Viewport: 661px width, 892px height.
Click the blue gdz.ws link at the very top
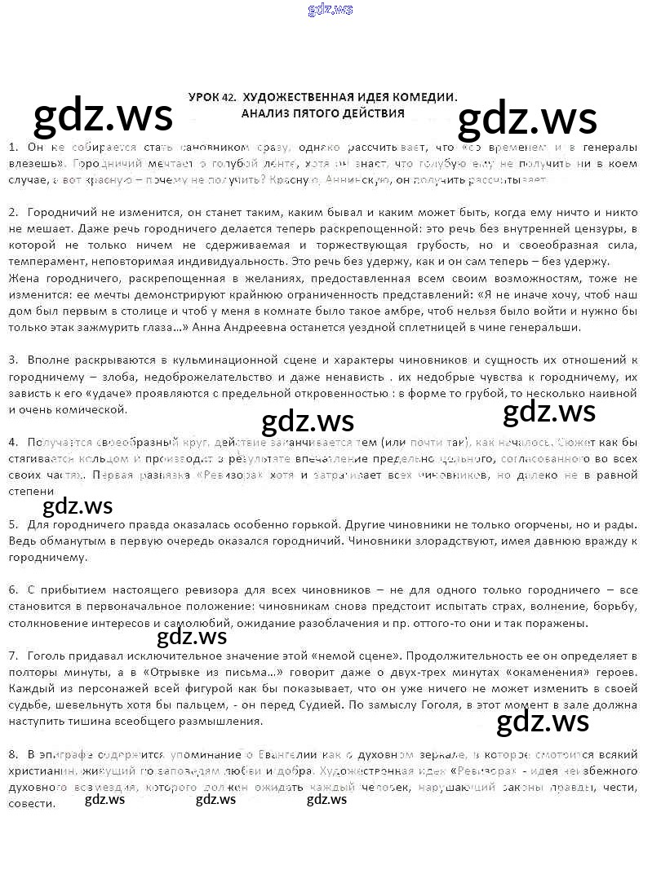click(x=330, y=10)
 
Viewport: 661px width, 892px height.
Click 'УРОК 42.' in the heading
click(x=211, y=97)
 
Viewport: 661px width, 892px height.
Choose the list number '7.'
click(x=13, y=656)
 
